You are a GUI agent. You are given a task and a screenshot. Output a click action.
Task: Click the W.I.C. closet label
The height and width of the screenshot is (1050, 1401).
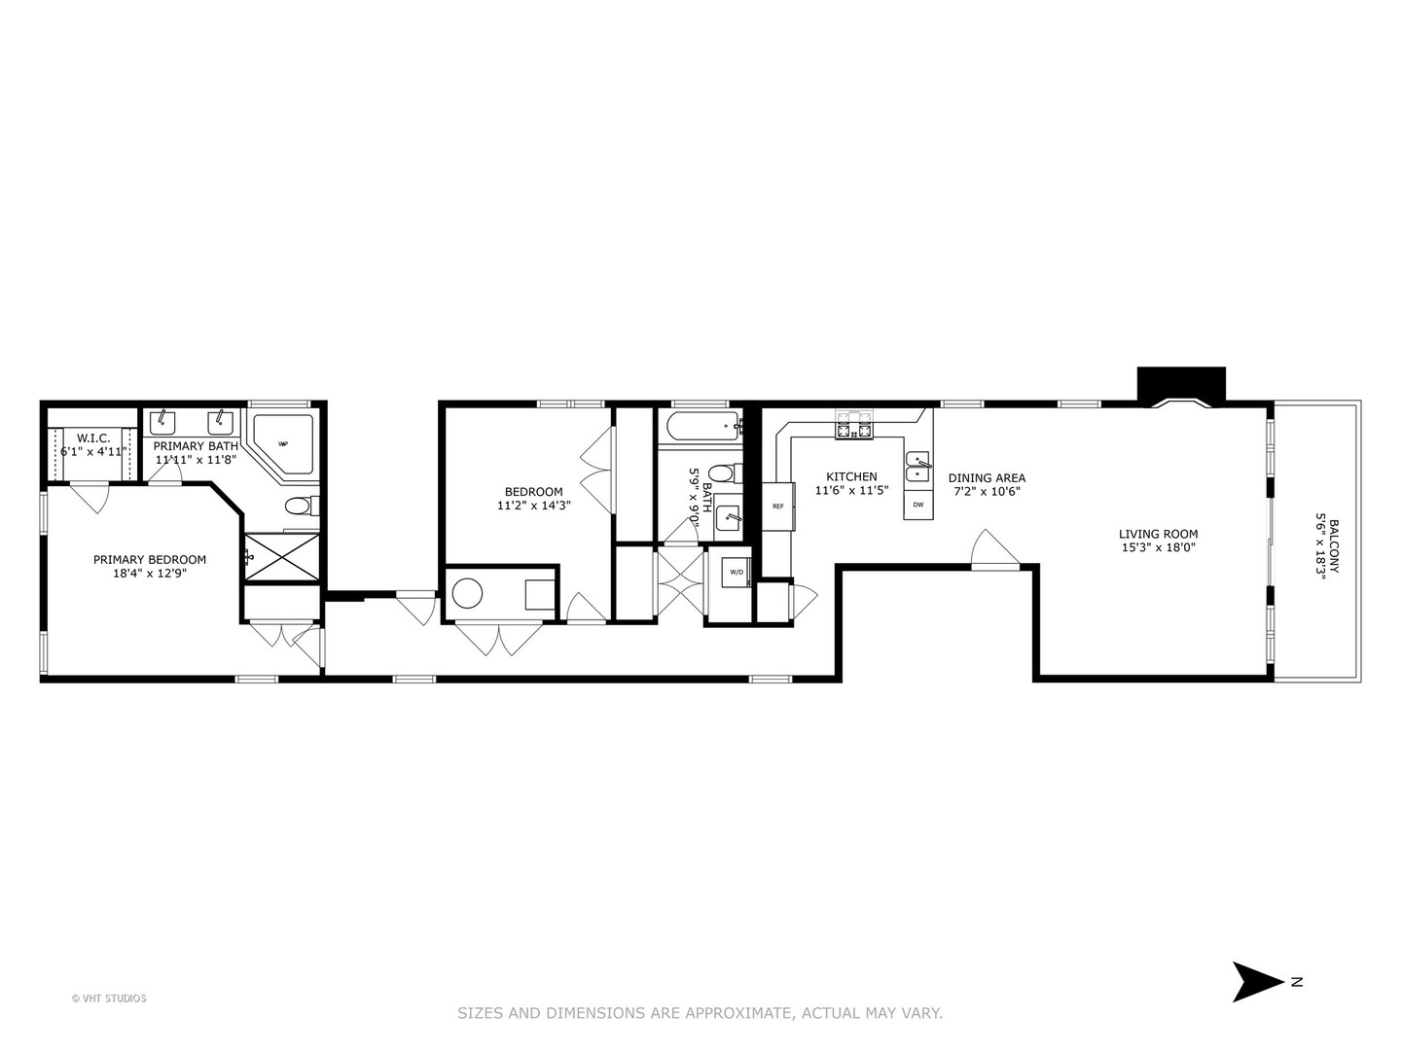click(93, 438)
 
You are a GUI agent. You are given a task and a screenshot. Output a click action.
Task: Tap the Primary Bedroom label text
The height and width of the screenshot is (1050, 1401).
click(150, 560)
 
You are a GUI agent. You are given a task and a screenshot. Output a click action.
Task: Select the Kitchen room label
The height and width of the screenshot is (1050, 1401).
click(851, 476)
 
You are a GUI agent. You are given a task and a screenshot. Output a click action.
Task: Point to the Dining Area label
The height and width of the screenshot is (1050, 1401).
click(987, 477)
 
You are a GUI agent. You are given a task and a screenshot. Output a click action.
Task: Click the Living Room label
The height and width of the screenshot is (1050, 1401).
click(1158, 534)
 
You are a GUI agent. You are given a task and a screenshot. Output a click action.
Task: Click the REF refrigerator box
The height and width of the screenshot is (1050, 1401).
click(778, 507)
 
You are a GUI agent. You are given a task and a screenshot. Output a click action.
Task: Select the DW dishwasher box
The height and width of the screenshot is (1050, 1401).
click(918, 505)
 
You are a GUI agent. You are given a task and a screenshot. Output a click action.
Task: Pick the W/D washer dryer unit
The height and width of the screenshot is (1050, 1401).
click(736, 573)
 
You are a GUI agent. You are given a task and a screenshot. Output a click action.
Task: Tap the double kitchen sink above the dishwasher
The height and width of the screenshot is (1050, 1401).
click(917, 467)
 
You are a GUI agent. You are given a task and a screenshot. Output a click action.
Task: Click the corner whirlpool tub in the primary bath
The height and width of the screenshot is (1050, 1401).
click(283, 444)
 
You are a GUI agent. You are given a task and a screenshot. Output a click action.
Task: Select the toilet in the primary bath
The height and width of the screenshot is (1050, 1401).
click(299, 507)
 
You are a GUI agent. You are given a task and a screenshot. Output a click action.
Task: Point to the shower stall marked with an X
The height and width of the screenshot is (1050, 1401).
click(280, 557)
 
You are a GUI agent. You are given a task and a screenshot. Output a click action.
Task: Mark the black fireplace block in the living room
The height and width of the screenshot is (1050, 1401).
click(1181, 383)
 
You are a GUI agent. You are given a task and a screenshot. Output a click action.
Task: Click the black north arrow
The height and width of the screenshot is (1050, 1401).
click(1257, 982)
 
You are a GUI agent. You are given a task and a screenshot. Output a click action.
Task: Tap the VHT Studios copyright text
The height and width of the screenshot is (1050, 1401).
click(109, 998)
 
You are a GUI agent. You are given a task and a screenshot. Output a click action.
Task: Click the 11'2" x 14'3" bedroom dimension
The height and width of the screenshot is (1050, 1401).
click(533, 506)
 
